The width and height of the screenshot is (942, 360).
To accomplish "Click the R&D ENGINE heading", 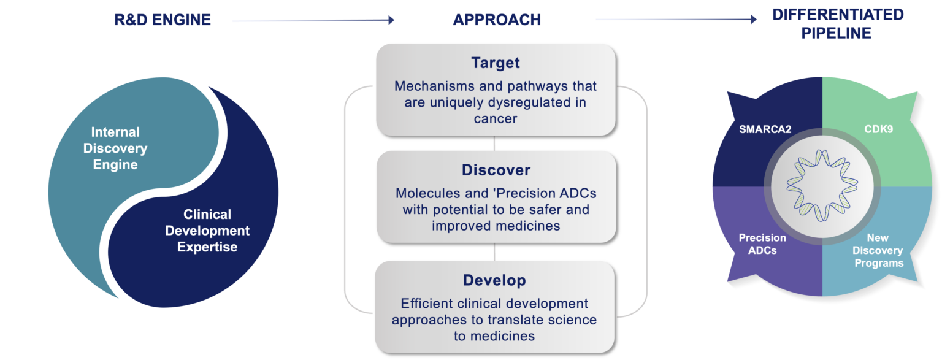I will tap(163, 20).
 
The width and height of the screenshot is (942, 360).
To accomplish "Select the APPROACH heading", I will tap(497, 20).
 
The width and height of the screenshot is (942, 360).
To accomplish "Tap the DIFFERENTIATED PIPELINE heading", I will tap(837, 23).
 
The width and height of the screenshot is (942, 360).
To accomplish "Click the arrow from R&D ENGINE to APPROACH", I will tap(313, 20).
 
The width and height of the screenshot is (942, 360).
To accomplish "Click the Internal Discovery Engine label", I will tap(115, 148).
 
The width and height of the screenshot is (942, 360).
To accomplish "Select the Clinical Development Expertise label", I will tap(207, 231).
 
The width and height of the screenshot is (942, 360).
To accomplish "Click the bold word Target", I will tap(496, 63).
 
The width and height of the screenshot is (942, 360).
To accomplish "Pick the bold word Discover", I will tap(496, 170).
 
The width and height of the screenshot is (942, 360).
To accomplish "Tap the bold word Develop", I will tap(494, 281).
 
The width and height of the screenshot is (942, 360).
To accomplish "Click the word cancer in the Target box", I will tap(496, 118).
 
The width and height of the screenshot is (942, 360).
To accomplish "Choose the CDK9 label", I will tap(879, 130).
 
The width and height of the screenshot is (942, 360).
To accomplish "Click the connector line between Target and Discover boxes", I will tap(494, 143).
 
